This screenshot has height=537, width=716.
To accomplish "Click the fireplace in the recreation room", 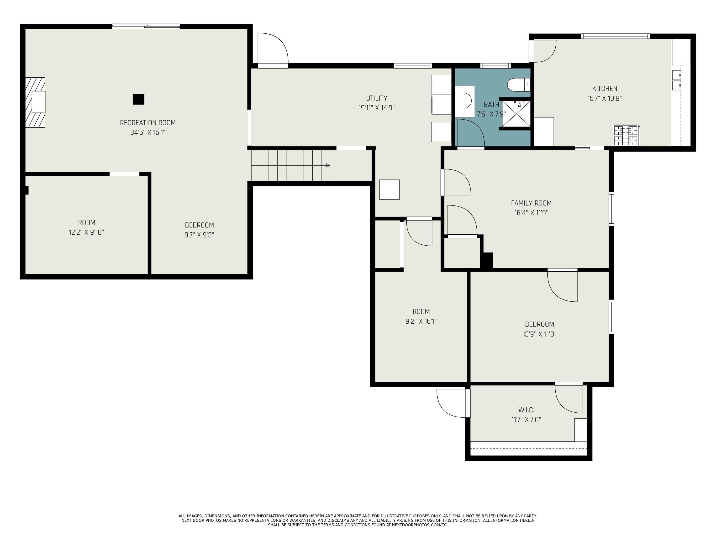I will tap(36, 102).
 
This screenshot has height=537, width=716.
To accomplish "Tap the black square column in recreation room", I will tap(138, 99).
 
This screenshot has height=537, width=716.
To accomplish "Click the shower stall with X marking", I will tap(516, 114).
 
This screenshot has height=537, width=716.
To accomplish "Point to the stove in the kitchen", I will tap(626, 136).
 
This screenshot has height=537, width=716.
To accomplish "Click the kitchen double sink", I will tap(677, 80).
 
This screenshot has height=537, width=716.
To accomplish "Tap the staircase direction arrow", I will tap(328, 165).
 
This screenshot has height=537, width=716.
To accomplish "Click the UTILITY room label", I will tap(376, 98).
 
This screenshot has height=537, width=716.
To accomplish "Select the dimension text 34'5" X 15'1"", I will tap(148, 132).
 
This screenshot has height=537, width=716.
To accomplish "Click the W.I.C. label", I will tap(526, 410).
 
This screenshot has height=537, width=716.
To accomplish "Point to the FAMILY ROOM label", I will tap(531, 203).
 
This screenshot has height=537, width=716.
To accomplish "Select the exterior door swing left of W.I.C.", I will tap(451, 403).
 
